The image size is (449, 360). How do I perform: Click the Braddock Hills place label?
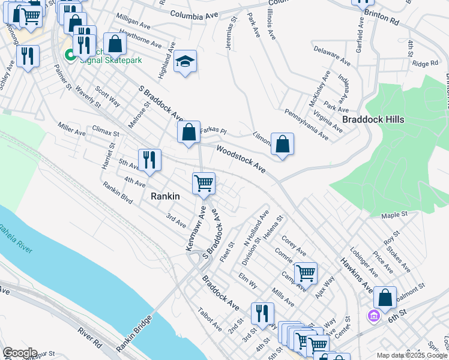(x=373, y=119)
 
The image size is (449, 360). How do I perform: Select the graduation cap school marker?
(x=185, y=62)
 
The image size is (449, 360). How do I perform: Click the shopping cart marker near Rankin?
(x=203, y=183)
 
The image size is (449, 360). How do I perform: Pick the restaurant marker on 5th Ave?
(x=149, y=160)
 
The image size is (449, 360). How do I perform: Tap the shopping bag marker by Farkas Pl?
(x=188, y=132)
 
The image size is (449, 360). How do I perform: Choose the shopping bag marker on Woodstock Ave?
(x=282, y=144)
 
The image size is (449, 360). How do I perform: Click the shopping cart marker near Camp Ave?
(x=306, y=274)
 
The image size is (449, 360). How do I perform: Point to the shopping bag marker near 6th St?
(x=385, y=298)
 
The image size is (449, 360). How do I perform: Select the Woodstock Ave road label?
(x=241, y=159)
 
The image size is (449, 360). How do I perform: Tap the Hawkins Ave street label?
(x=356, y=271)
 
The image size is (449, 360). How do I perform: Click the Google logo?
(x=19, y=353)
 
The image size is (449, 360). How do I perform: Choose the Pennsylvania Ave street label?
(x=306, y=124)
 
